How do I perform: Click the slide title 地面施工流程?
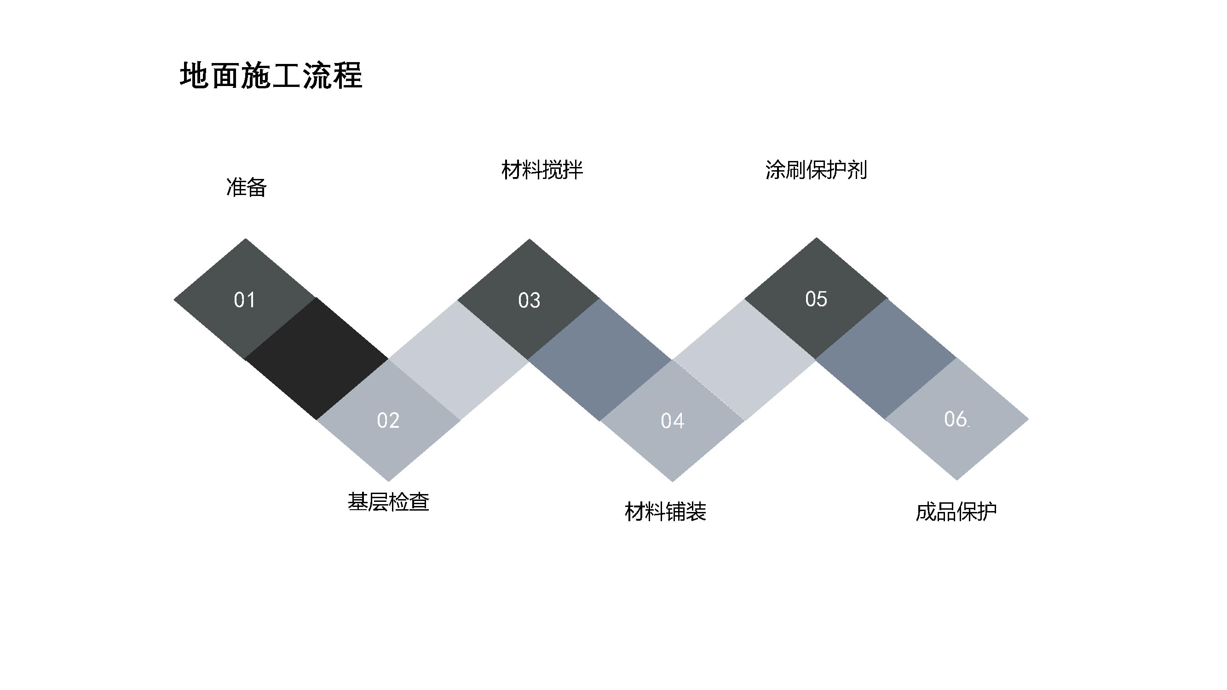click(x=271, y=76)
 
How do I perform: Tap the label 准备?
click(x=246, y=187)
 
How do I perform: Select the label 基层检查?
click(x=388, y=502)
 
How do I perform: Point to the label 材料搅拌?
click(x=542, y=170)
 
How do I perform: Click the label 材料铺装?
click(x=665, y=512)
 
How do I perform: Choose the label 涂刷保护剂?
click(x=816, y=170)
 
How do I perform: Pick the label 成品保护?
click(x=956, y=512)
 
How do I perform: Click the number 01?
click(x=245, y=300)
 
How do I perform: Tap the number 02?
click(x=388, y=420)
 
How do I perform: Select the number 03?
click(x=529, y=300)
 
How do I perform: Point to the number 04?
click(x=673, y=421)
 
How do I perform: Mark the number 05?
click(x=816, y=299)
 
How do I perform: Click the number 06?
click(x=956, y=419)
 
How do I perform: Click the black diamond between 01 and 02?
click(x=316, y=359)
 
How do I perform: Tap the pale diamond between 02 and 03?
click(x=459, y=360)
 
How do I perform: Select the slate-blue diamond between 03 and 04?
click(x=600, y=360)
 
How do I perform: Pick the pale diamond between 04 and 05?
click(x=744, y=360)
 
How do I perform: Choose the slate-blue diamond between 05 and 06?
click(x=886, y=359)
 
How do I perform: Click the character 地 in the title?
click(x=194, y=76)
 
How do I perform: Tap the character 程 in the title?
click(x=348, y=76)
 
